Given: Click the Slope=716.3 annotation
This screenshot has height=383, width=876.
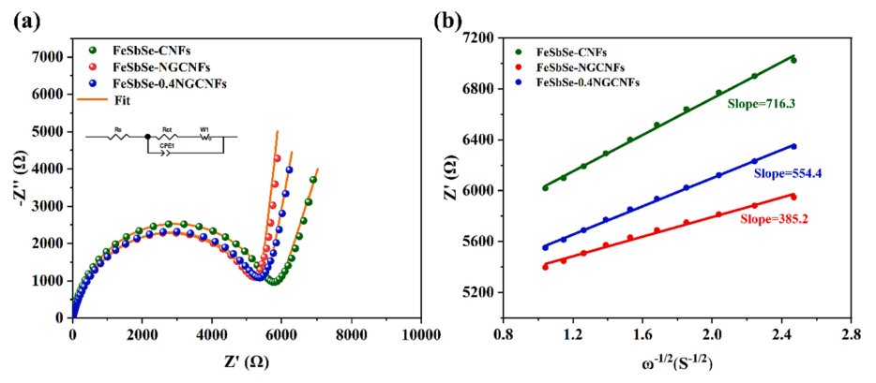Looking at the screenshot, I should [x=762, y=104].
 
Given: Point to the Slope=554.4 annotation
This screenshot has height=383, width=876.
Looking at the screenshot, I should [x=787, y=173].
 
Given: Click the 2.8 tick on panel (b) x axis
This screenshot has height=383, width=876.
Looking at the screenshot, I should [x=852, y=331].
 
